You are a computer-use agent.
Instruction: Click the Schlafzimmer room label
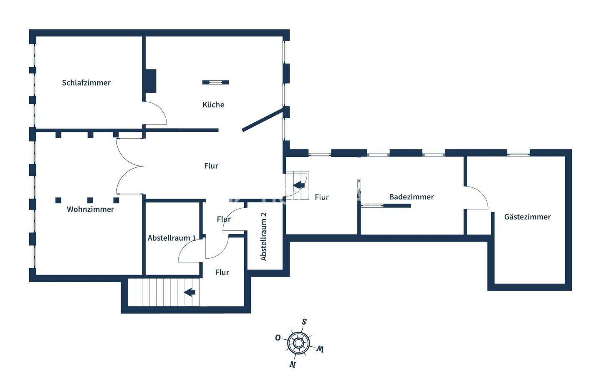coord(86,83)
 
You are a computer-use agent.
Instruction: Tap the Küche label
coord(213,105)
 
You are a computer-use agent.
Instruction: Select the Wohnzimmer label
coord(90,209)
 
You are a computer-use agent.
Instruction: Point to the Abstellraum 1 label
coord(172,238)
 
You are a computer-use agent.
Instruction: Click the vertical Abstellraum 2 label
coord(263,237)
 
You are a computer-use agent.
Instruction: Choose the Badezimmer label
coord(411,197)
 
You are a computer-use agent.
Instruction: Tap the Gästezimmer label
coord(527,217)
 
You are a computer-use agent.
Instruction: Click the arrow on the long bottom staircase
coord(190,292)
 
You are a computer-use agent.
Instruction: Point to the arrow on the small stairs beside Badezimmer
coord(298,186)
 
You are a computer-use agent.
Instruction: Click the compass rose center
coord(298,343)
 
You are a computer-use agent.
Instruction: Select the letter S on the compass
coord(304,322)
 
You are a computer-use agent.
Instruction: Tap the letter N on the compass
coord(293,364)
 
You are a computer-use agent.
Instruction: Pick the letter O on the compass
coord(278,338)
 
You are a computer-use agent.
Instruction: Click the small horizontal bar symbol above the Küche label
coord(215,82)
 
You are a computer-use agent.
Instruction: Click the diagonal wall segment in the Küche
coord(263,120)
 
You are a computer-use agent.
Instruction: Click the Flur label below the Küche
coord(211,166)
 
